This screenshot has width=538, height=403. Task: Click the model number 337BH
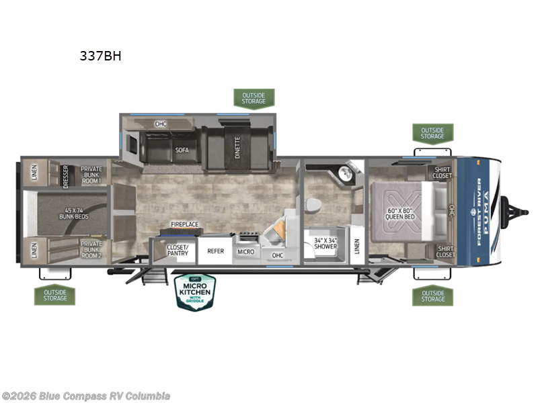click(x=100, y=56)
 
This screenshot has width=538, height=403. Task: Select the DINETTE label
click(x=238, y=146)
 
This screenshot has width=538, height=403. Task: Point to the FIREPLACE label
click(x=184, y=224)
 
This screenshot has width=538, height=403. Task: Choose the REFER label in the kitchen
click(x=215, y=251)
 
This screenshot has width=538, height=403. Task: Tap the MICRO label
click(x=245, y=251)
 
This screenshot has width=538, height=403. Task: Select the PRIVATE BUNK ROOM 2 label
click(x=91, y=249)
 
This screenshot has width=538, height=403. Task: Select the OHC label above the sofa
click(x=161, y=124)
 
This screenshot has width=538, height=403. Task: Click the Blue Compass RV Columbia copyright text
click(x=86, y=396)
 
